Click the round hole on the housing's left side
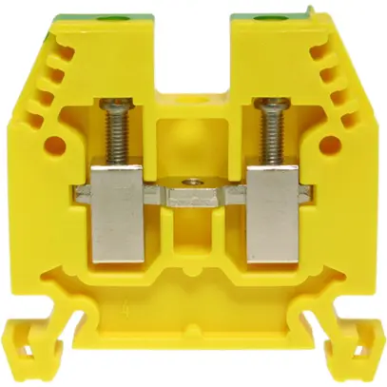(x=54, y=145)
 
